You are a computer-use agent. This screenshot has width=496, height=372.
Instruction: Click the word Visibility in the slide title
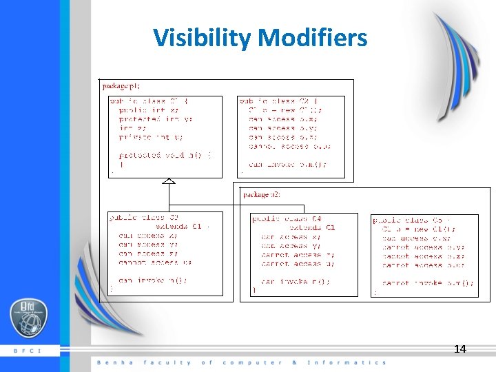click(201, 38)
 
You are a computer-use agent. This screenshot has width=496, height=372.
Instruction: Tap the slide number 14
click(459, 349)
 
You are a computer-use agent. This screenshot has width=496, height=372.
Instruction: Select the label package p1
click(121, 85)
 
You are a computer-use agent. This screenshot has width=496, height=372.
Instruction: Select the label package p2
click(262, 194)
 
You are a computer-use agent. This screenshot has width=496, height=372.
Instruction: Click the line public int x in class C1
click(149, 110)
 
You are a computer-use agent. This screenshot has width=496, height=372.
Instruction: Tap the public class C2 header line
click(279, 101)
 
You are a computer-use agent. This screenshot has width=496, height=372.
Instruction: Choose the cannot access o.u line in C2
click(289, 146)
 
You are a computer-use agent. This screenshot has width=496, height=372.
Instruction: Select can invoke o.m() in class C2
click(288, 165)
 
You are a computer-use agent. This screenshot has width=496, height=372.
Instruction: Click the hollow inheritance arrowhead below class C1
click(168, 180)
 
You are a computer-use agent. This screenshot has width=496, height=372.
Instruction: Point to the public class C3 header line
click(144, 217)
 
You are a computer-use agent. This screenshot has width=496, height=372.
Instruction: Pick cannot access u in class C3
click(155, 262)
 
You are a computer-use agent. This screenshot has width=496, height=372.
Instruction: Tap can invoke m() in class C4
click(295, 281)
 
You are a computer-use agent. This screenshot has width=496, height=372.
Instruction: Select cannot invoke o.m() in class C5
click(428, 283)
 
